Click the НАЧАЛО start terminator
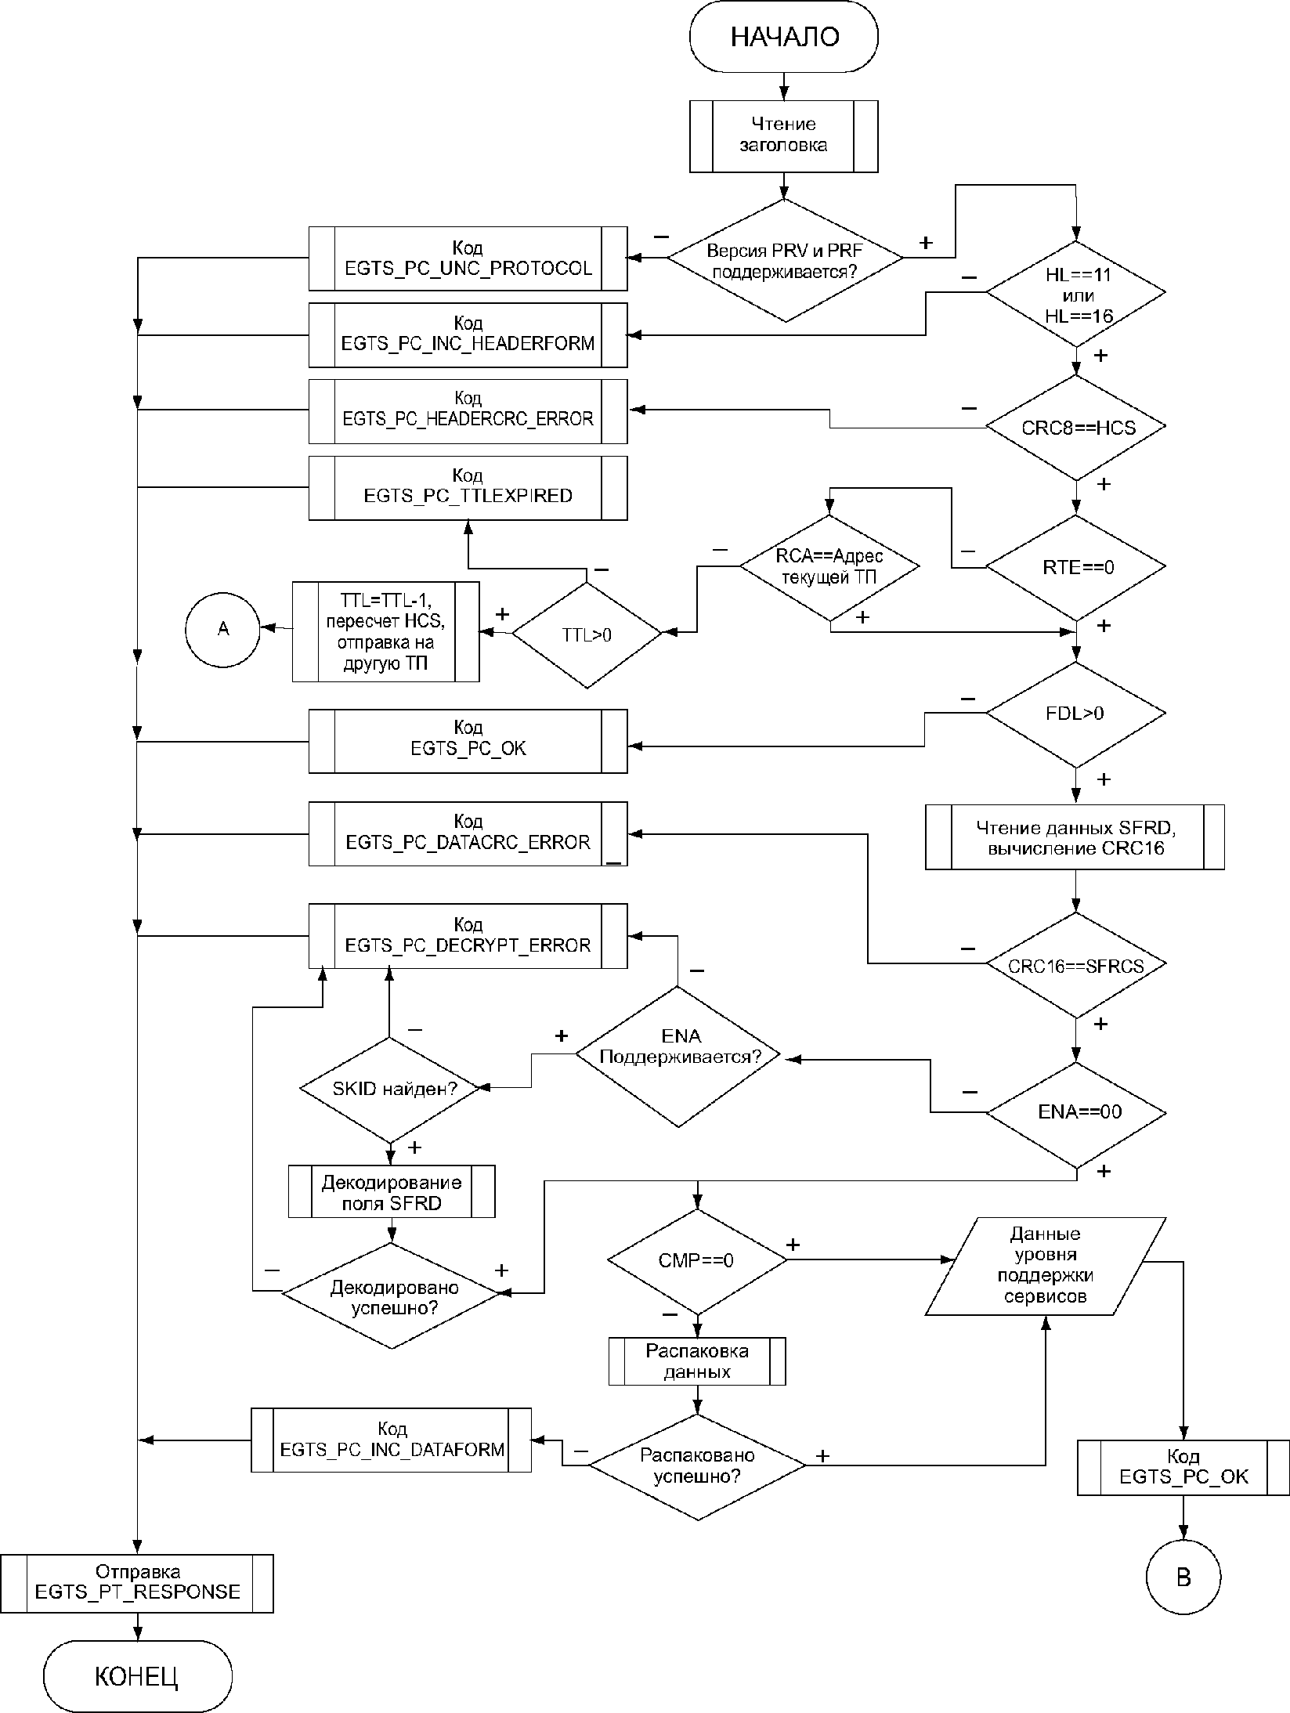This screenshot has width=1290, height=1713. [783, 37]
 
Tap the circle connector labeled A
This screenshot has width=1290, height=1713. [223, 628]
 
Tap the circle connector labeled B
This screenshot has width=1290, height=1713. [1183, 1577]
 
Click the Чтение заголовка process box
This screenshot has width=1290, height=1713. [783, 135]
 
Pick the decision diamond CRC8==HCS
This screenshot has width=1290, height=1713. [1075, 428]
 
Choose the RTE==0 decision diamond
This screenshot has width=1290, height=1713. [1075, 567]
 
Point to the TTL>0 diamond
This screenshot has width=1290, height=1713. [587, 634]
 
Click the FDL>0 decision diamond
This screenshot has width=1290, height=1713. [1075, 714]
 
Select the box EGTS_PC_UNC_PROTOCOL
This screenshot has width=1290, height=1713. [468, 258]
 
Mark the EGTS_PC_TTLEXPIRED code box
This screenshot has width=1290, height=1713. [468, 487]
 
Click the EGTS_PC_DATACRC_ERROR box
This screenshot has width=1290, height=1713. [468, 833]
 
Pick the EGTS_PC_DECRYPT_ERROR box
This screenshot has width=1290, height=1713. [468, 935]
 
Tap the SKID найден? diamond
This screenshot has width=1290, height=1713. [389, 1089]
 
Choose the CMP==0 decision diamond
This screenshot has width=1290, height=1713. [696, 1260]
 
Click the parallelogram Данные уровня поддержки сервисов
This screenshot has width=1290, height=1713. [1046, 1265]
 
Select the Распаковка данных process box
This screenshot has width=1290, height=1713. [697, 1361]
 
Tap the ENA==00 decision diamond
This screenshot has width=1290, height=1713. [1075, 1112]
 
